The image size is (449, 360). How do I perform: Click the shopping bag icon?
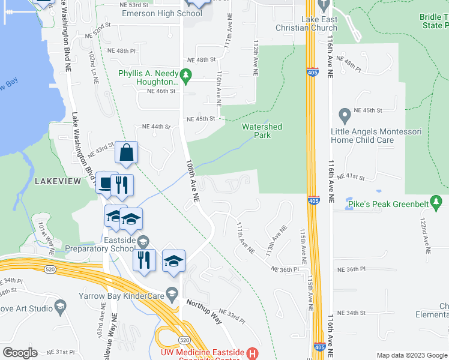127,153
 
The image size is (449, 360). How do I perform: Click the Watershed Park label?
262,131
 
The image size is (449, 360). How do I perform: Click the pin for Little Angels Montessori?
345,114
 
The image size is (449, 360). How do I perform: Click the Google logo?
20,353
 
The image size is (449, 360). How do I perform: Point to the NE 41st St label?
351,177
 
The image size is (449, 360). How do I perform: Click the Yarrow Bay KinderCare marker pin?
172,294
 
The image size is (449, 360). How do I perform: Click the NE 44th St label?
156,127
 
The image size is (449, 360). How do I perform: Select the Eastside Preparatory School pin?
143,241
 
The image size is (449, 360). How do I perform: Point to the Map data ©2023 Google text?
412,355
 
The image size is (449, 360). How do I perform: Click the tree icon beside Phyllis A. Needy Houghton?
186,74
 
